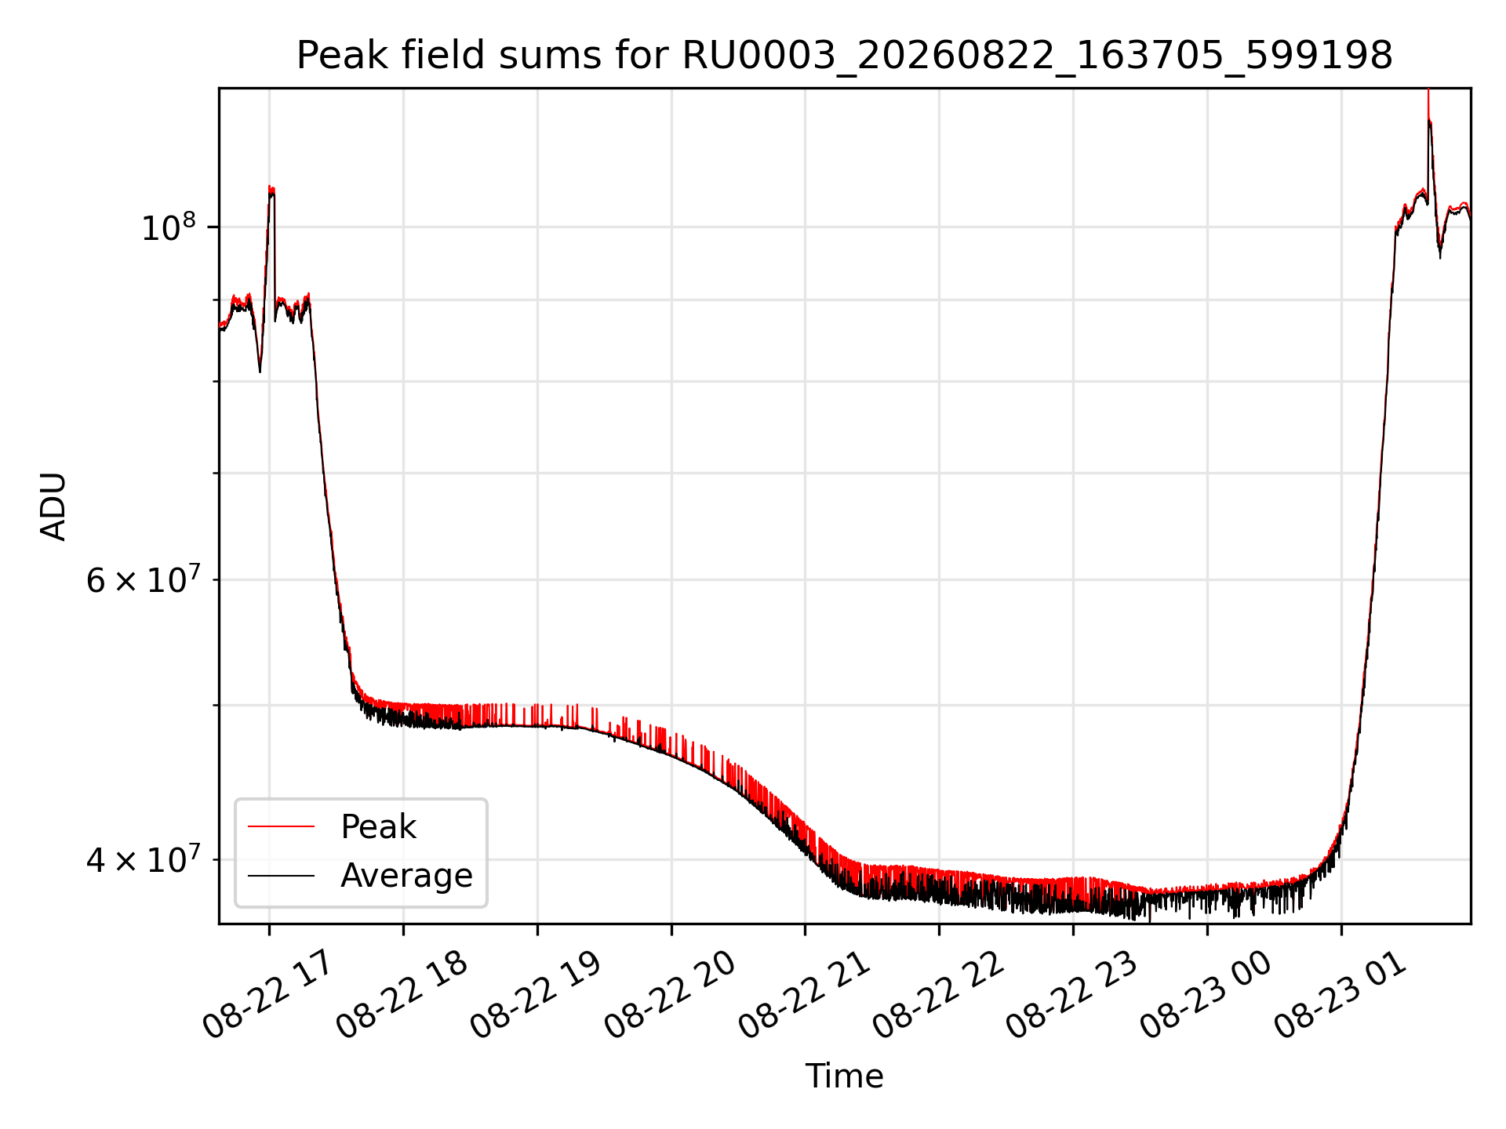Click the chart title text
point(844,56)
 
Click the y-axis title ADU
point(53,506)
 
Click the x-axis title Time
point(844,1076)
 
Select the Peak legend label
point(378,827)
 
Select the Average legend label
point(406,876)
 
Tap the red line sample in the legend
point(281,826)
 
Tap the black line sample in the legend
point(281,875)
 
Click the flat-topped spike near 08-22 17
point(271,191)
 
